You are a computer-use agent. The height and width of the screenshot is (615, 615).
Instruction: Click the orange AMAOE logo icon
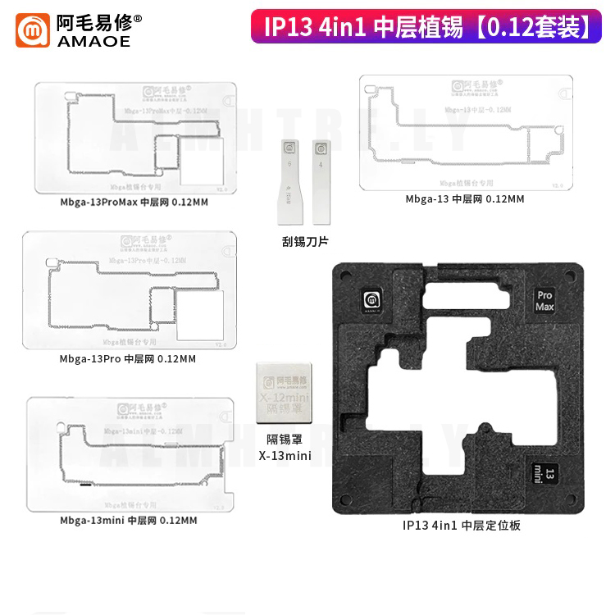[33, 30]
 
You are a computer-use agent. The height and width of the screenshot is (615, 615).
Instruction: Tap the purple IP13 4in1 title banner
[426, 27]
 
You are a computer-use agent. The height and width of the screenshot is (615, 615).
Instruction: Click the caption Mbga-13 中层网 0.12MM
[464, 198]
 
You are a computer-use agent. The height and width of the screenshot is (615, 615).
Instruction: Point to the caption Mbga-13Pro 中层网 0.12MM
[127, 358]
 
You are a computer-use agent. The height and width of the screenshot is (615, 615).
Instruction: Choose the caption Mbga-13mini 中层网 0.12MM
[128, 520]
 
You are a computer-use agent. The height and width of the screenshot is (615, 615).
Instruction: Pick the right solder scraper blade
[320, 180]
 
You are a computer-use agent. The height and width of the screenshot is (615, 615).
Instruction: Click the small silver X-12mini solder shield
[283, 390]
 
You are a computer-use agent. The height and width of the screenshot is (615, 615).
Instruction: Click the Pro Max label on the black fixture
[544, 300]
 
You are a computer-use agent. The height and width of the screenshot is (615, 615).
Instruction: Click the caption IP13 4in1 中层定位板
[462, 525]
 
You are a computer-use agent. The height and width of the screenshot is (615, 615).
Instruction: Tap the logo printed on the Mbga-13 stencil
[463, 86]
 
